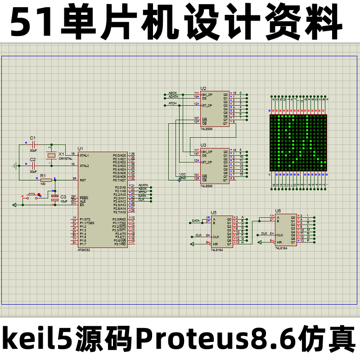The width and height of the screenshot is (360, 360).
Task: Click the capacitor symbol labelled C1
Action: [33, 145]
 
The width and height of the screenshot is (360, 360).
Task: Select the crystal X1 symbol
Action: [51, 155]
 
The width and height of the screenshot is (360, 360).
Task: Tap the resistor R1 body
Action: [46, 180]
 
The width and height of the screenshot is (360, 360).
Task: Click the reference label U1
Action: [80, 148]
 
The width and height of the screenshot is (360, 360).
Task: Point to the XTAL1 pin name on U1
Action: [85, 155]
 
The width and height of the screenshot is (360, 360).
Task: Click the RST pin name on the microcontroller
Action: [83, 180]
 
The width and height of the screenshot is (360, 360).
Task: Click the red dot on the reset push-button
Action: [39, 194]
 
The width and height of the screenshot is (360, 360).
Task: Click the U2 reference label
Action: [203, 89]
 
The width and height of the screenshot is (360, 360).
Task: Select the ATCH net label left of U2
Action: [172, 103]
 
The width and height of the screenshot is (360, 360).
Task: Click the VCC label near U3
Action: [182, 174]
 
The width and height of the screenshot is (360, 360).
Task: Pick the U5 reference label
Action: [214, 212]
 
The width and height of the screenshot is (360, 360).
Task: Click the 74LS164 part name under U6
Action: [281, 248]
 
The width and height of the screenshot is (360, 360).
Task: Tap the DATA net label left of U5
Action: [196, 221]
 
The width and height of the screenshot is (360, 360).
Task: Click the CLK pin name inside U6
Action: [280, 235]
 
